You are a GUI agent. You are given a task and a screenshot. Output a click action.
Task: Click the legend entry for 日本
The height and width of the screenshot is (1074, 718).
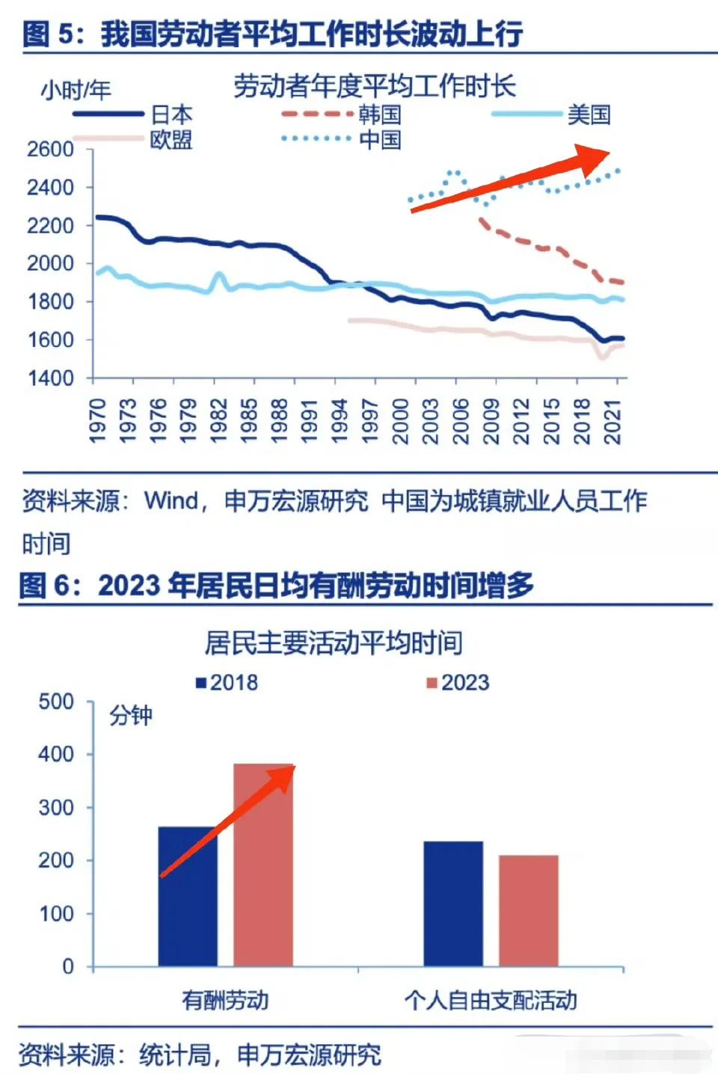tap(171, 114)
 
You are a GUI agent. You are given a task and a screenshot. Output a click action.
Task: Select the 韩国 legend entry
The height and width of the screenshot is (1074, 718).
tap(379, 114)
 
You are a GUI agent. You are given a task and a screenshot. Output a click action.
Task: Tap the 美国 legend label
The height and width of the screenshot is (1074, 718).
tap(589, 114)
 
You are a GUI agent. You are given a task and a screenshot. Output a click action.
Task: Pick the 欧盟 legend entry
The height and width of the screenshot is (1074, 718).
tap(171, 140)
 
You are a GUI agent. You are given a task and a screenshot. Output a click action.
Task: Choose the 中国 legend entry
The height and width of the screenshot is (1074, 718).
tap(379, 140)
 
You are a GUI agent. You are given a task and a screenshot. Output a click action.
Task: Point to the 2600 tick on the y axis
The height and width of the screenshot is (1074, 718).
tap(50, 149)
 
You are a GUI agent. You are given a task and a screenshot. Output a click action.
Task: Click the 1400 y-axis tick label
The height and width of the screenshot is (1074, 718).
tap(50, 378)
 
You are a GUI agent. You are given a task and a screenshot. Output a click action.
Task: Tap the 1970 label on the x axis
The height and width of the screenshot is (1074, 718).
tap(98, 420)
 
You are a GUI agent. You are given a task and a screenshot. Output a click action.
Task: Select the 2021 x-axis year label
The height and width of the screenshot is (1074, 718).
tap(613, 420)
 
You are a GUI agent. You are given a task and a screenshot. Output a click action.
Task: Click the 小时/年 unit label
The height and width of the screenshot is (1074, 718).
tap(76, 90)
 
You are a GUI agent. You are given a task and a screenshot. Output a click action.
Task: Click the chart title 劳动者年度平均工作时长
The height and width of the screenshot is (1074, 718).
tap(374, 87)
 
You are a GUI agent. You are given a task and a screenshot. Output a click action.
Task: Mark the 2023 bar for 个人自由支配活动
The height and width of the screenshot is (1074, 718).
tap(528, 910)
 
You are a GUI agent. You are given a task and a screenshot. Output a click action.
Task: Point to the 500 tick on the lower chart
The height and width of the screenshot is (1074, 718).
tap(56, 702)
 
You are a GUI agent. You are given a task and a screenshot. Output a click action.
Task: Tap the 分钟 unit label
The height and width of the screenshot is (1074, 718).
tap(131, 716)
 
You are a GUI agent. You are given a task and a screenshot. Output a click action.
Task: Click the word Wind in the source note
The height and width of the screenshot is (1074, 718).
tap(171, 500)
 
